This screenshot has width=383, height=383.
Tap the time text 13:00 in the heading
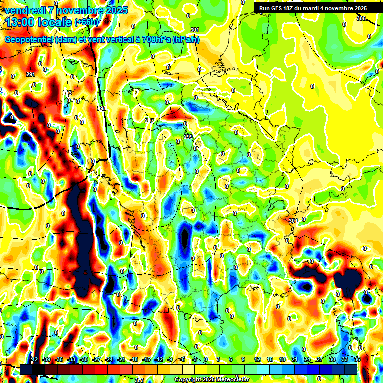(x=20, y=22)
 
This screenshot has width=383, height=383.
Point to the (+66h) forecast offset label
(x=87, y=23)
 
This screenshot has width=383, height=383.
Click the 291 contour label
(x=31, y=75)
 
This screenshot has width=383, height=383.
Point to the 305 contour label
(x=361, y=18)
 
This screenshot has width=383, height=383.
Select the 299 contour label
(x=188, y=137)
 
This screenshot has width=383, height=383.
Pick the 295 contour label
(x=101, y=108)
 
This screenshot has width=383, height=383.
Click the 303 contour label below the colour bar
(x=139, y=380)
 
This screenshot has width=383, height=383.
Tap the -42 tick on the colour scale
(x=34, y=360)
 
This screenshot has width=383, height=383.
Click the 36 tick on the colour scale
(x=357, y=360)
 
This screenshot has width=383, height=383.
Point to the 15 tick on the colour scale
(x=269, y=360)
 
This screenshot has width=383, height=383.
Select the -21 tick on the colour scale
(x=121, y=360)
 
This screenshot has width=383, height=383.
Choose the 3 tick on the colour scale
(x=218, y=360)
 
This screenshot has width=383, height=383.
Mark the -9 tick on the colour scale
(x=170, y=360)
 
